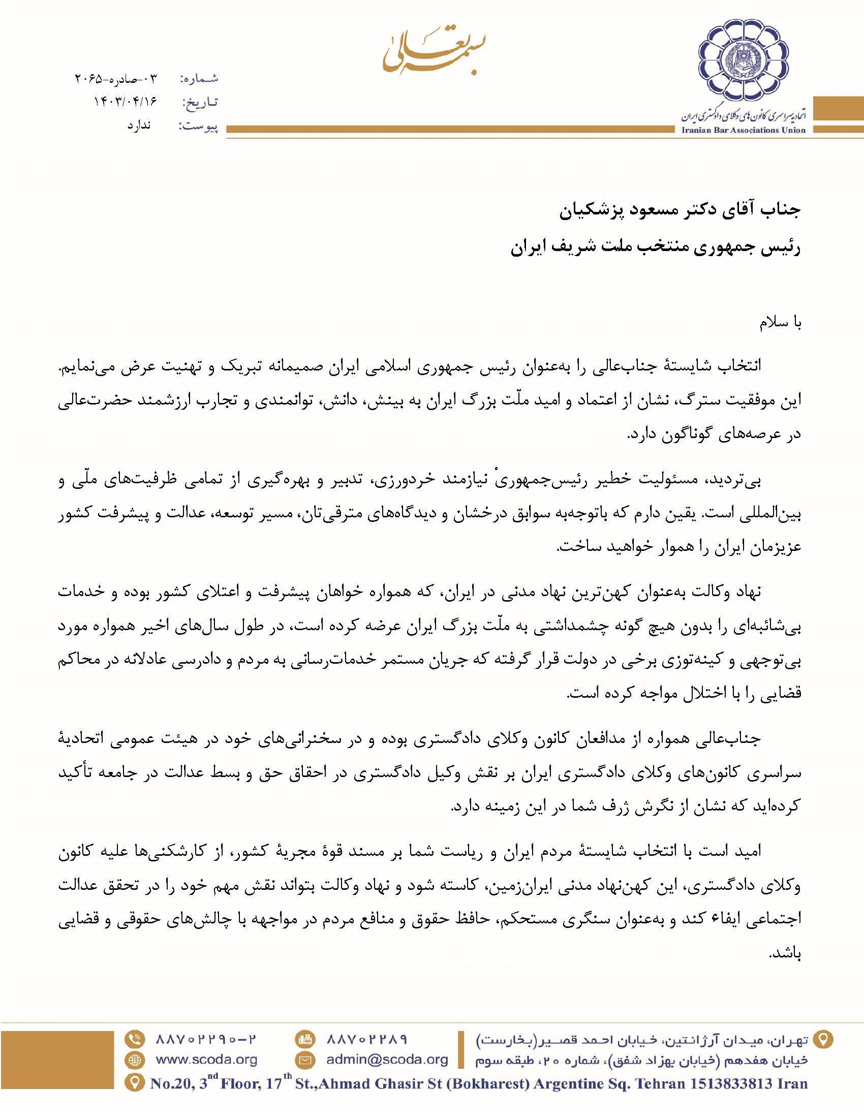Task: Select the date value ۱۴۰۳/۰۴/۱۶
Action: [125, 102]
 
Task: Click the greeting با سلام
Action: [780, 323]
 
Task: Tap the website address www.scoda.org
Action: [206, 1060]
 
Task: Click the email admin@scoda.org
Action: [387, 1060]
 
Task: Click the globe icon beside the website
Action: [135, 1060]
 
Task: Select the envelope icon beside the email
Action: [305, 1060]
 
